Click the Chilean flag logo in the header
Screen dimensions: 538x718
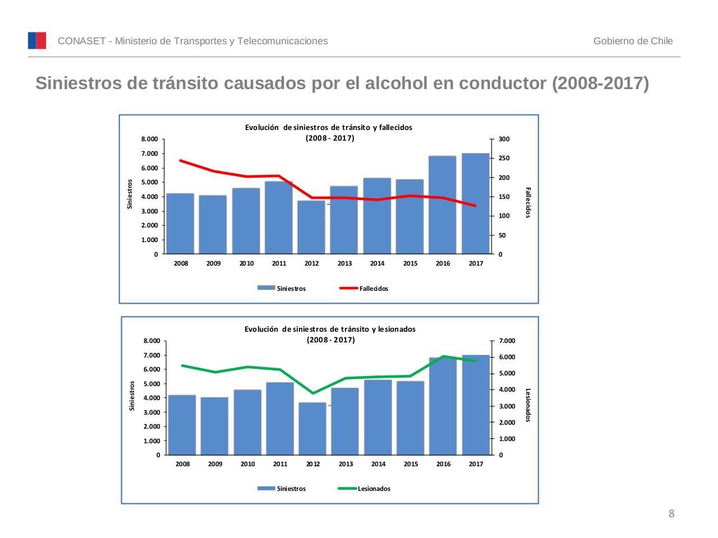click(37, 40)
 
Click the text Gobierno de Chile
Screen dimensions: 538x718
click(633, 41)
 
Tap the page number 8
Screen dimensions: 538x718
click(671, 514)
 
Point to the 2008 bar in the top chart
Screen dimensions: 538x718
click(180, 224)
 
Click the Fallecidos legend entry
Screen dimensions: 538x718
click(365, 289)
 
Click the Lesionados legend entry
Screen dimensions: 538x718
click(365, 489)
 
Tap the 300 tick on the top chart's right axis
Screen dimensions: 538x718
click(504, 139)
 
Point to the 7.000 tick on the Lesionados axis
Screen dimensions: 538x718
click(507, 341)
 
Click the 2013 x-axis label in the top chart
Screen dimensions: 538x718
click(344, 263)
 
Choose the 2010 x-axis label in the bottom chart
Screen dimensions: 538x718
click(247, 464)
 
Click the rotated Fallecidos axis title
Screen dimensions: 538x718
click(528, 202)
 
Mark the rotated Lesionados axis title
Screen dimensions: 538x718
click(528, 405)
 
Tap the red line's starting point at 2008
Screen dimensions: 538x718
click(180, 160)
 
